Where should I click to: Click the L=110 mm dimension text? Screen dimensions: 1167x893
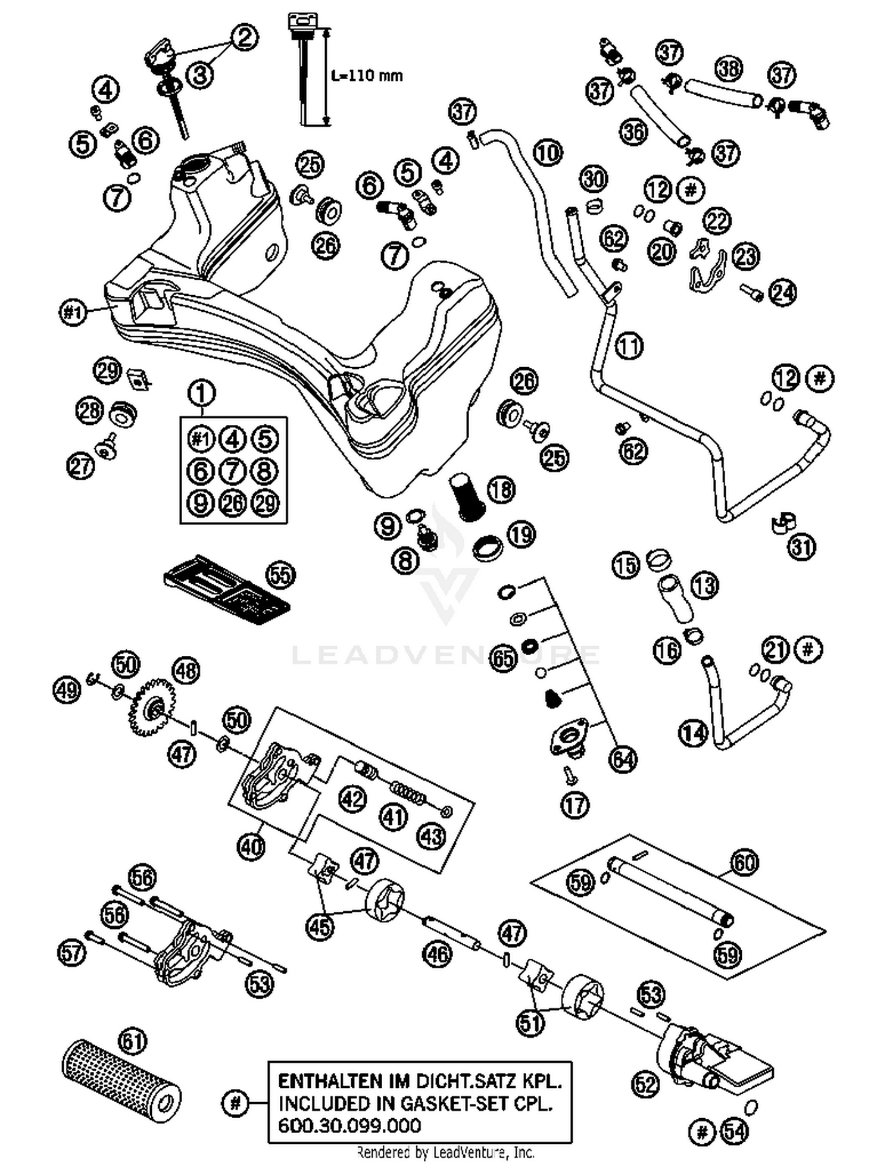coord(367,76)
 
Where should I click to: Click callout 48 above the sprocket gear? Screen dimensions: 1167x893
coord(186,671)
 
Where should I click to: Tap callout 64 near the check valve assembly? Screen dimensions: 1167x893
coord(623,759)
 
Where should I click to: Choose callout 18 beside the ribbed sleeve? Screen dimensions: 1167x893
coord(501,490)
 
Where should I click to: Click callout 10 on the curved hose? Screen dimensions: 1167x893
coord(547,152)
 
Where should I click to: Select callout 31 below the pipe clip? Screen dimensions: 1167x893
coord(801,547)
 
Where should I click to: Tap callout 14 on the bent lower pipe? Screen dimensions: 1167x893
coord(693,733)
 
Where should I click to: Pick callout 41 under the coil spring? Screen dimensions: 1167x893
coord(393,817)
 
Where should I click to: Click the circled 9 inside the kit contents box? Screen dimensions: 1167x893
coord(201,503)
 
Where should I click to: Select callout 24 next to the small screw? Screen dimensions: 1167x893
coord(783,292)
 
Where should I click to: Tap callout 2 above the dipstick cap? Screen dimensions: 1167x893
coord(244,37)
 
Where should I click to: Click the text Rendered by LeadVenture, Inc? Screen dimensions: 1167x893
coord(445,1153)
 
